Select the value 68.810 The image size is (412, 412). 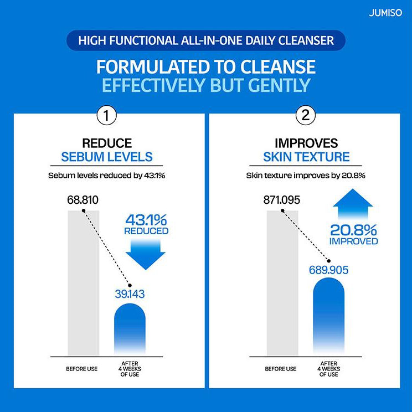[x=83, y=199]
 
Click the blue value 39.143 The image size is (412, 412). [x=130, y=294]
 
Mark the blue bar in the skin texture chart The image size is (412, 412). [x=328, y=316]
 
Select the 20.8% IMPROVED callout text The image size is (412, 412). [x=354, y=233]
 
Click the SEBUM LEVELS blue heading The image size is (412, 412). [x=107, y=157]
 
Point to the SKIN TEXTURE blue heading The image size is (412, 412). [x=306, y=157]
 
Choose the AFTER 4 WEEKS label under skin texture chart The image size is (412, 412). [x=328, y=369]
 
